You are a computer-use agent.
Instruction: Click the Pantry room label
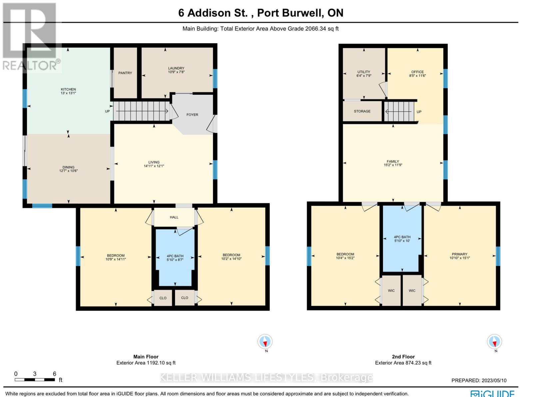(125, 73)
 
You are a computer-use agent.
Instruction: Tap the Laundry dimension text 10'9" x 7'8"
(176, 72)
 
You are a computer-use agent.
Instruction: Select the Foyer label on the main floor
(192, 114)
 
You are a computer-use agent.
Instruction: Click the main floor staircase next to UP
(141, 111)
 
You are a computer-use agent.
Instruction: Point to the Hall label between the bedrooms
(174, 217)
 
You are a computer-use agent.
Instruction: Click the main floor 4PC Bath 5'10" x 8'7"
(175, 258)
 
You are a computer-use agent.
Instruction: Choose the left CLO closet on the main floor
(163, 298)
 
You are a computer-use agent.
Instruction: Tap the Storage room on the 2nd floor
(362, 111)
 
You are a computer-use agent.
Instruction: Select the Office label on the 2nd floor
(417, 72)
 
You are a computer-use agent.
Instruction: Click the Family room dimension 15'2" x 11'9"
(393, 165)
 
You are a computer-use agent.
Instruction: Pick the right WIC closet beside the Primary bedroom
(412, 291)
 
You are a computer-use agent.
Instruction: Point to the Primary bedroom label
(460, 254)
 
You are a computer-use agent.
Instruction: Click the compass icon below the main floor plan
(265, 342)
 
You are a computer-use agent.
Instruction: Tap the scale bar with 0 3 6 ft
(35, 379)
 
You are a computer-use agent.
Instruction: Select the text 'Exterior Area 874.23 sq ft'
(403, 363)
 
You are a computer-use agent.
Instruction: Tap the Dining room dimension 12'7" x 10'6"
(69, 171)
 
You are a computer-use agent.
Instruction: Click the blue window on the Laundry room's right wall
(215, 78)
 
